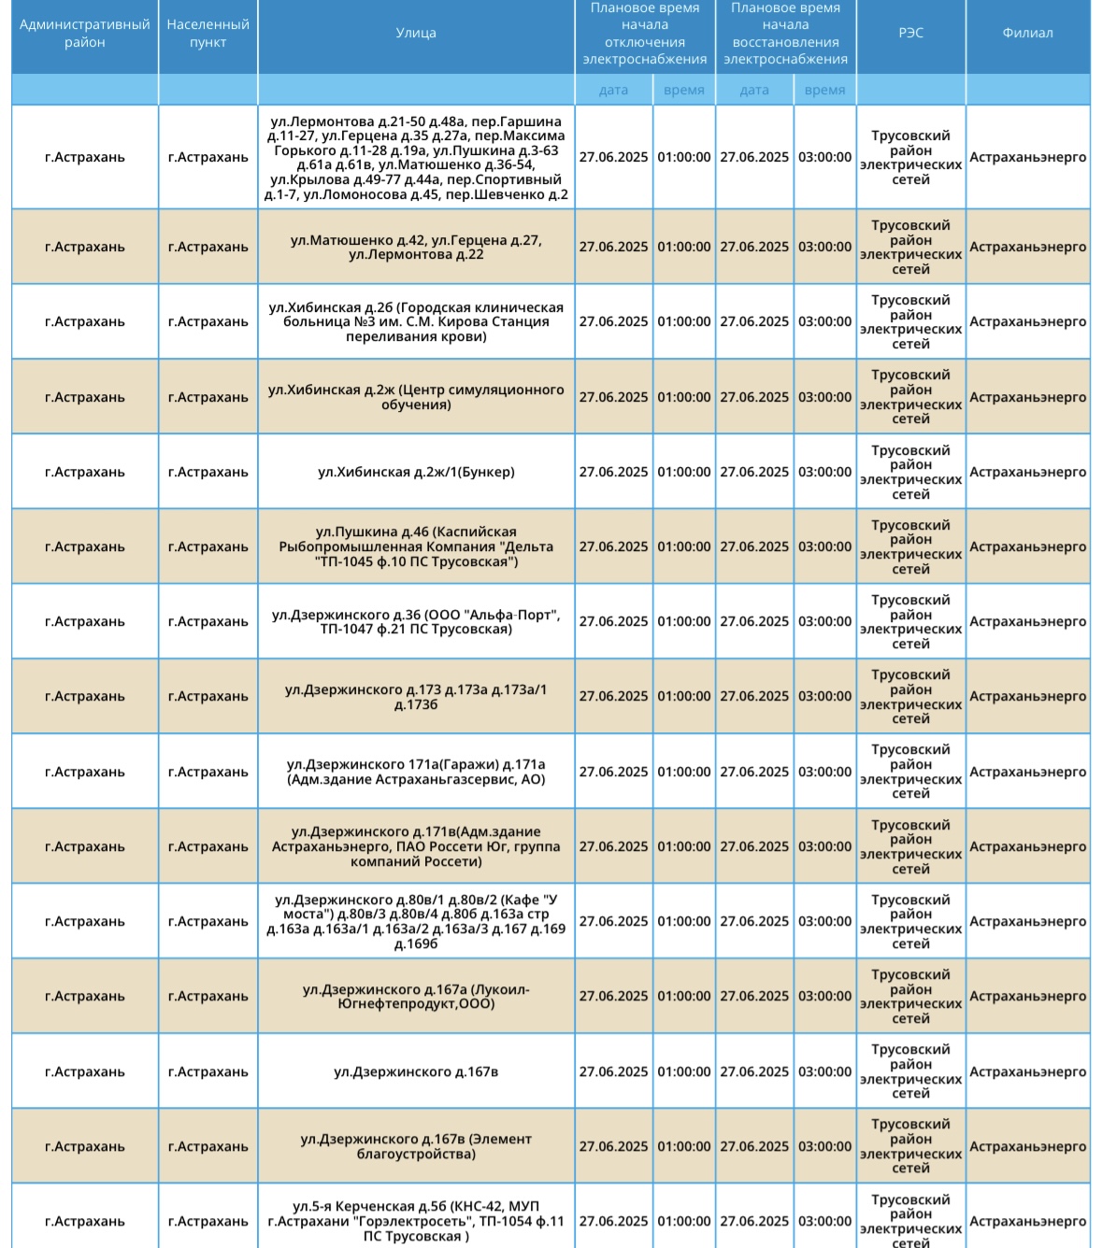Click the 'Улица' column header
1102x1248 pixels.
(416, 33)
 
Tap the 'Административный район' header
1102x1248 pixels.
(84, 34)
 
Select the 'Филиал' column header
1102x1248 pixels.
(1027, 33)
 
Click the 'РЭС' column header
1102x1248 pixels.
(910, 33)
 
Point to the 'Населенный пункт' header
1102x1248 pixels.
(208, 34)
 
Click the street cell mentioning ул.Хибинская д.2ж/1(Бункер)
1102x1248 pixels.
(416, 472)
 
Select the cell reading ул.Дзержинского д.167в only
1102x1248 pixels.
(416, 1071)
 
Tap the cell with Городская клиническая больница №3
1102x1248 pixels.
(416, 321)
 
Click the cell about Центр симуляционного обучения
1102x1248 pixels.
(416, 397)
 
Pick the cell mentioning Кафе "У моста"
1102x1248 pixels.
(416, 921)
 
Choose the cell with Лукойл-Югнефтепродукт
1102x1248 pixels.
(416, 996)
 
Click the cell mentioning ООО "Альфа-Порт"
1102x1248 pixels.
(416, 621)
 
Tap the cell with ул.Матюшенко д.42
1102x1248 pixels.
(416, 247)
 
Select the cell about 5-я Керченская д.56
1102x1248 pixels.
(416, 1221)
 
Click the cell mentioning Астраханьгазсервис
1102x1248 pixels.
(416, 772)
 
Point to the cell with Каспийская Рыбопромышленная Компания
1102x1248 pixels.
(416, 546)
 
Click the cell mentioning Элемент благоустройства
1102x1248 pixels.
(416, 1146)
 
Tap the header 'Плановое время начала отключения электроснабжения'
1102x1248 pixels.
(644, 34)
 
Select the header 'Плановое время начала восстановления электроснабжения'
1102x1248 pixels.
(785, 34)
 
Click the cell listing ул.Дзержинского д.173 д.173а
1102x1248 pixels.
(416, 696)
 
